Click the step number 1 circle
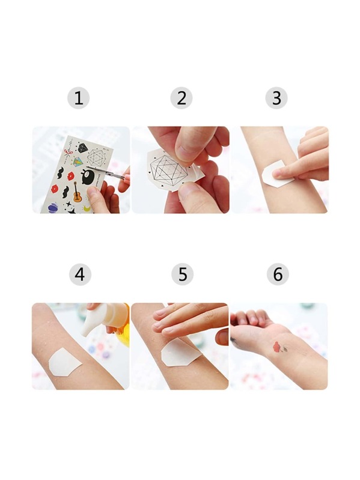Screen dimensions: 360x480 (78, 99)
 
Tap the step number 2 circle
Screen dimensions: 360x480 (182, 99)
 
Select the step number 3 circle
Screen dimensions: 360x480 (276, 99)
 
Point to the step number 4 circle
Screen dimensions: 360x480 (80, 275)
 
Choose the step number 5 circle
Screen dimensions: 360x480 (183, 275)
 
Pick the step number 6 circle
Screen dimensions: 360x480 (278, 275)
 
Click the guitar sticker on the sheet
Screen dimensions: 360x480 (77, 192)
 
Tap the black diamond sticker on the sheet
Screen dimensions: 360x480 (82, 148)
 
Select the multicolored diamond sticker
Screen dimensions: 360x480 (78, 162)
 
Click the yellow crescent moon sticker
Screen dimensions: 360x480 (87, 208)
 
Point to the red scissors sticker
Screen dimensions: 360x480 (68, 151)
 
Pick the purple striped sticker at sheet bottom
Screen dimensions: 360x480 (53, 207)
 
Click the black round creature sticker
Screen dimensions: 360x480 (88, 177)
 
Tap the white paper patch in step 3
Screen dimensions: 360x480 (277, 174)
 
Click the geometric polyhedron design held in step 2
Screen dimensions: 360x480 (169, 171)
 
